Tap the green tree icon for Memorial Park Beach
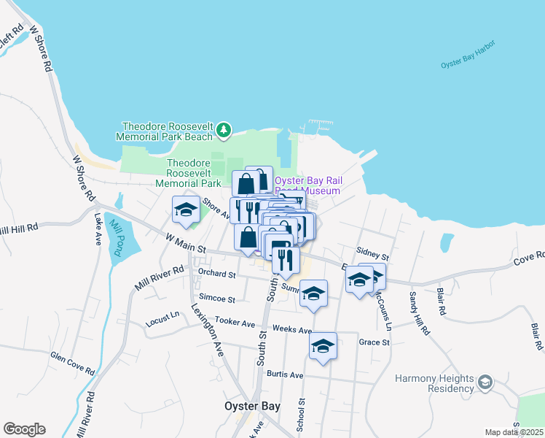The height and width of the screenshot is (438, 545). click(x=224, y=131)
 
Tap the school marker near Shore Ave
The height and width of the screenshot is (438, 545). click(x=187, y=210)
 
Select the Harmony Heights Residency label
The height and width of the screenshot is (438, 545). click(x=434, y=383)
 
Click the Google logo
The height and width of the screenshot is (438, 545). click(x=24, y=429)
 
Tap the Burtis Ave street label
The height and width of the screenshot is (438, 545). click(x=285, y=374)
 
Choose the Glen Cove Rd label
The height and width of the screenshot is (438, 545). click(x=73, y=362)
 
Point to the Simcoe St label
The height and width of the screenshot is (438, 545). click(x=217, y=299)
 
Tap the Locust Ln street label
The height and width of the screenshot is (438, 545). click(x=162, y=318)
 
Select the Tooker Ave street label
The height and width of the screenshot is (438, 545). click(x=235, y=323)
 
